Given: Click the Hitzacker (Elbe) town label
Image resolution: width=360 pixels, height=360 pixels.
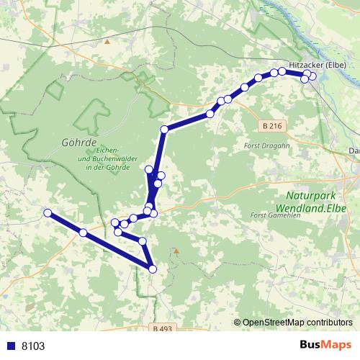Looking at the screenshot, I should (318, 64).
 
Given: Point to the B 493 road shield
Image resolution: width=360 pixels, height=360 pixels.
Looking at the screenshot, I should (164, 328).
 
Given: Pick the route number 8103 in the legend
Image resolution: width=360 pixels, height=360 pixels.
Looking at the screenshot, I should (33, 346).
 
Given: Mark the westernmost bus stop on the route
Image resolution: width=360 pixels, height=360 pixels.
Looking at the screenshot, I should (48, 212).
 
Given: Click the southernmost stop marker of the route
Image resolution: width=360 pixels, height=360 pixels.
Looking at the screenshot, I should (153, 269).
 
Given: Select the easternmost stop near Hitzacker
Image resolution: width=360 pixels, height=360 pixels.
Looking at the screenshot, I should (312, 76).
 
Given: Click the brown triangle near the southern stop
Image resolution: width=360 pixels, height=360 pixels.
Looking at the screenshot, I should (176, 251).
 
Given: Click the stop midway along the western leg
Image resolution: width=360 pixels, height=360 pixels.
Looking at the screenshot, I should (83, 232).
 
